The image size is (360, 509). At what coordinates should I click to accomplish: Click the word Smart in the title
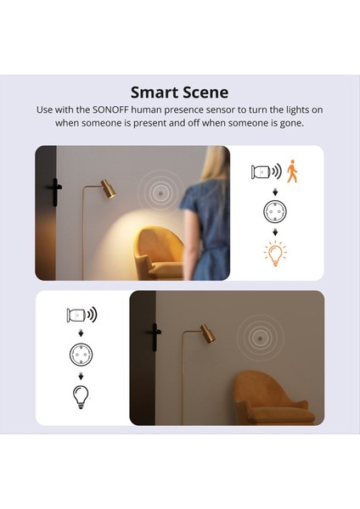[x=154, y=92]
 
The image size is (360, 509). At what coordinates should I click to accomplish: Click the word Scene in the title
[x=205, y=92]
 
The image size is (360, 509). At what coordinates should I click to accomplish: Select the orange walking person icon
[x=293, y=172]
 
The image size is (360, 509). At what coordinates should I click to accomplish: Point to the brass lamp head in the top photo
[x=107, y=188]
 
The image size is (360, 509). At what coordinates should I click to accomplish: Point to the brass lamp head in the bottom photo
[x=207, y=333]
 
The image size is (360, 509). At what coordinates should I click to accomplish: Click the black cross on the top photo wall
[x=54, y=192]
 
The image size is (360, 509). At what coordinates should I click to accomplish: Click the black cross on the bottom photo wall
[x=153, y=336]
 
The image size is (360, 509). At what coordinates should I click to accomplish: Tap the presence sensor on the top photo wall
[x=159, y=191]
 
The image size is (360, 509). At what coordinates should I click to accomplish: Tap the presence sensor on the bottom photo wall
[x=257, y=335]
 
